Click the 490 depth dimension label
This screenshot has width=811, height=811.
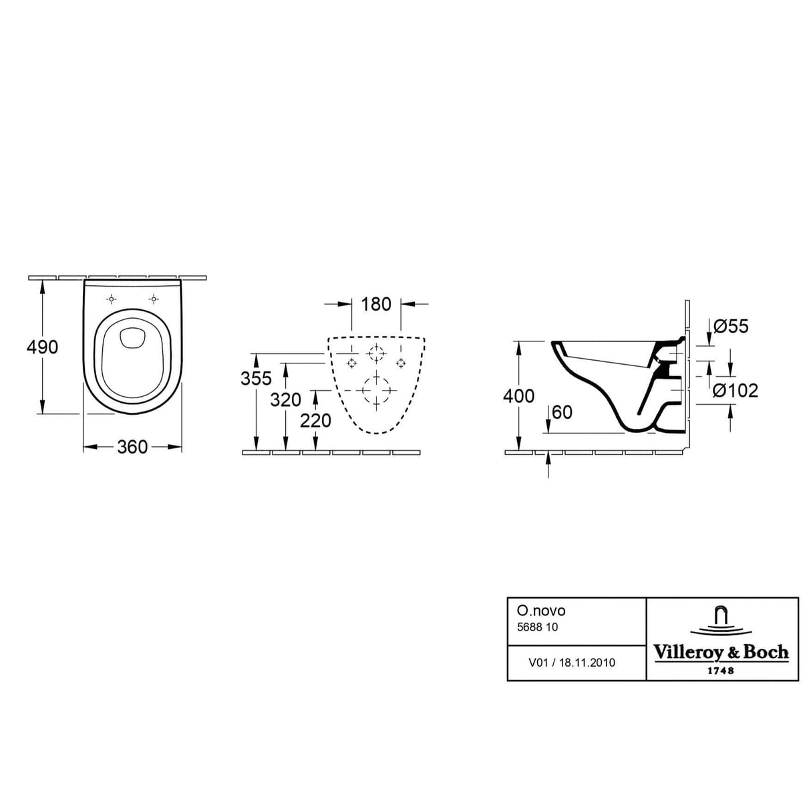tap(42, 347)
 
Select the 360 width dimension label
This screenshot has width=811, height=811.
tap(132, 447)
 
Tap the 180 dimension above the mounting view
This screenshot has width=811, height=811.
tap(376, 304)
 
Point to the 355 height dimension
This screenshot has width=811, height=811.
tap(257, 378)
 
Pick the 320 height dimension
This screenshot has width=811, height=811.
tap(285, 399)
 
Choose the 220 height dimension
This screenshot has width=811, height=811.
tap(315, 420)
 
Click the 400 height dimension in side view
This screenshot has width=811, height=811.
tap(518, 395)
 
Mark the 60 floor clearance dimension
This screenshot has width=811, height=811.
tap(562, 412)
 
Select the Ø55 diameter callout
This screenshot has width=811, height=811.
tap(731, 326)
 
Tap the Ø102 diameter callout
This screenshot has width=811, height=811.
tap(736, 390)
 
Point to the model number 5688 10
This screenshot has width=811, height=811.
tap(538, 627)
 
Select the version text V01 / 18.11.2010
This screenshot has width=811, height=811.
tap(572, 663)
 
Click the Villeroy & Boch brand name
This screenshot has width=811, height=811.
tap(721, 652)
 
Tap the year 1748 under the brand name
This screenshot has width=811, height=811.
tap(721, 669)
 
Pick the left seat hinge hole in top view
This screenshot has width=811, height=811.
tap(112, 298)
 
